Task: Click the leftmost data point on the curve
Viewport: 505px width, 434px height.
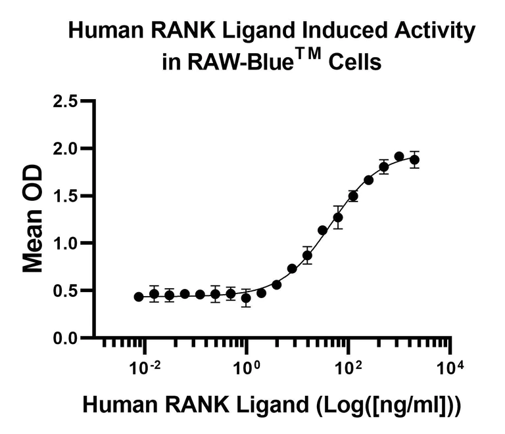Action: (139, 297)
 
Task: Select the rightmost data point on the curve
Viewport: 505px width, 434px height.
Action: (414, 160)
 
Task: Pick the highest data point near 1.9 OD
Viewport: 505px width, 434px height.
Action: (399, 156)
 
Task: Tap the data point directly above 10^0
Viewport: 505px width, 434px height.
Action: (246, 298)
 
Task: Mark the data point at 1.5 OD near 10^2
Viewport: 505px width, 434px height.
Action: (353, 196)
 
